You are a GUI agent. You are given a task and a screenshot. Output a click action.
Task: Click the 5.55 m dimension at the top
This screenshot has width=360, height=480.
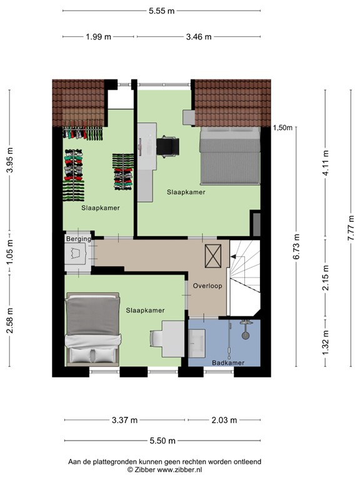click(x=161, y=10)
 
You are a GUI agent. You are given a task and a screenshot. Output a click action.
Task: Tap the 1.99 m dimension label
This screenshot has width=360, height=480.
click(x=98, y=37)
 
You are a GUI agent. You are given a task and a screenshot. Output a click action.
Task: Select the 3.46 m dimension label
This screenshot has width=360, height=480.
click(x=198, y=37)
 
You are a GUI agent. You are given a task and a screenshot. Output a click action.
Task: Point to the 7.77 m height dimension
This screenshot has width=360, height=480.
click(x=352, y=227)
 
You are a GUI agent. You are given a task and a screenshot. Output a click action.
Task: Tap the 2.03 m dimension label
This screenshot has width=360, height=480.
click(x=223, y=420)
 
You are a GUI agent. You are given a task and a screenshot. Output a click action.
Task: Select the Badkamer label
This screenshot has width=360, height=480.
click(x=226, y=362)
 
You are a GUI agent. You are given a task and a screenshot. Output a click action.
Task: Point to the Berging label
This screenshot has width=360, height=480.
click(x=78, y=239)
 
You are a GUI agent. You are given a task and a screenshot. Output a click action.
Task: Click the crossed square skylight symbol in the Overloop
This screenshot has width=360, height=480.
click(x=213, y=256)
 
